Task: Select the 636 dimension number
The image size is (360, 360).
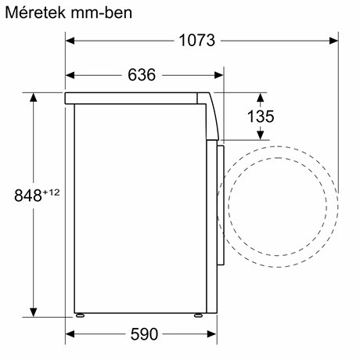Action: click(x=141, y=75)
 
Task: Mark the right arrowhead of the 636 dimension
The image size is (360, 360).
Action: click(x=219, y=75)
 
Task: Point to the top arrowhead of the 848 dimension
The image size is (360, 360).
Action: click(x=34, y=96)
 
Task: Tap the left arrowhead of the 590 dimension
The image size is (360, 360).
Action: click(x=70, y=333)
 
